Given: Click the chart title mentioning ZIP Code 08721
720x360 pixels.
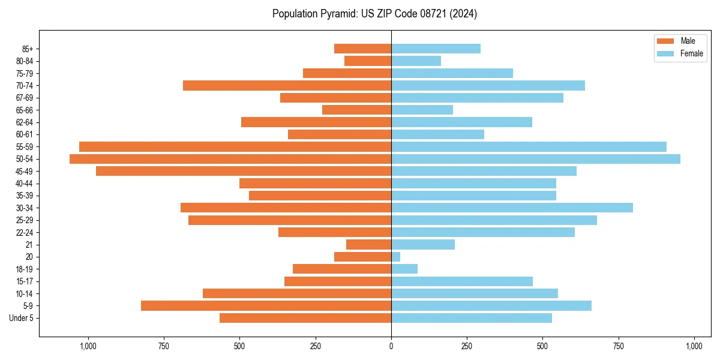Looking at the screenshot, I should (374, 14).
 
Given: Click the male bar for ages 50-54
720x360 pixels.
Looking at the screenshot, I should (230, 159).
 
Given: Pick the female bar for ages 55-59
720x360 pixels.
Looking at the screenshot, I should (529, 146).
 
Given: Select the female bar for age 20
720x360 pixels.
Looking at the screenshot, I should (396, 257).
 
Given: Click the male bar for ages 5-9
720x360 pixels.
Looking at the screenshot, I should (266, 305).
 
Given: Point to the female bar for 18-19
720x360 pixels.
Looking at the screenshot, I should (404, 269).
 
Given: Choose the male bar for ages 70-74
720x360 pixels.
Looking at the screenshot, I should (287, 85).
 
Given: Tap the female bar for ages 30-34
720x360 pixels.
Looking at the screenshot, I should (512, 208).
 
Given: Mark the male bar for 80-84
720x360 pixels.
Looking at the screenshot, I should (368, 61).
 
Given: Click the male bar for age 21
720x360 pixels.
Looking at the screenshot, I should (368, 244).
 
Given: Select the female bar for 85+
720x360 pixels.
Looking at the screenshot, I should (436, 49).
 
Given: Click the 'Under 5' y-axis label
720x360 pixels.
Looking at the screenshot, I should (21, 318).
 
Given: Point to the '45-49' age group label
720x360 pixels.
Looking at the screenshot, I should (25, 171).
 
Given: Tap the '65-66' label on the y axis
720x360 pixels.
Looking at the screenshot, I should (25, 110).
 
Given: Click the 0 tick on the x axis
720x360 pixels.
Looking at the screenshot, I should (391, 346).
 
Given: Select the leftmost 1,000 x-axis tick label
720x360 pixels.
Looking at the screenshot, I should (88, 346).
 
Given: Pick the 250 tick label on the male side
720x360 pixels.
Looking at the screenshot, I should (315, 346).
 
